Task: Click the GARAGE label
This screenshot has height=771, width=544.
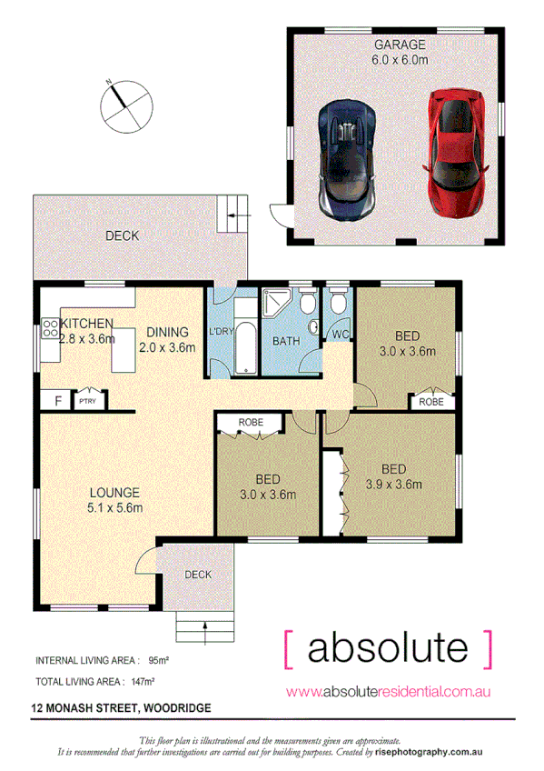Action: tap(400, 44)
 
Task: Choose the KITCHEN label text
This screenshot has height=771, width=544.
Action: tap(86, 324)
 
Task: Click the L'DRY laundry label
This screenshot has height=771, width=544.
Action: tap(223, 332)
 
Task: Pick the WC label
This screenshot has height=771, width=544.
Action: tap(341, 335)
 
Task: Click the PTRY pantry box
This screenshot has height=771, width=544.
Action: tap(88, 400)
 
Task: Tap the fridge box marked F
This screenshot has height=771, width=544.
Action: tap(58, 400)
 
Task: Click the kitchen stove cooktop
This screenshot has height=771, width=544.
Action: tap(49, 330)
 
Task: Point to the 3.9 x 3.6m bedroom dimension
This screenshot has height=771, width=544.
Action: tap(394, 485)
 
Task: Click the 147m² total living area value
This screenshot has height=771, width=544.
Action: tap(141, 681)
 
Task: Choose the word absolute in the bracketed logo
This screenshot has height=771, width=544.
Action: tap(389, 648)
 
